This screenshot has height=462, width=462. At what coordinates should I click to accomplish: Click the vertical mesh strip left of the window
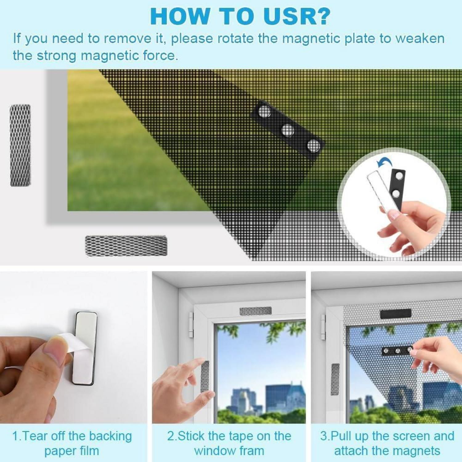pyautogui.click(x=20, y=145)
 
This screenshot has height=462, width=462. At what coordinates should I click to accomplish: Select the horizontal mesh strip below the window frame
pyautogui.click(x=126, y=245)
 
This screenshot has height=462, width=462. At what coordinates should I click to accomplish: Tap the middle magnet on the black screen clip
pyautogui.click(x=287, y=130)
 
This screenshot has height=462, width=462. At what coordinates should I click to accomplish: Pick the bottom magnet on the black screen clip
pyautogui.click(x=313, y=146)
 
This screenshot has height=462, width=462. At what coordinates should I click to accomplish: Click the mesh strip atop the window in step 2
pyautogui.click(x=256, y=311)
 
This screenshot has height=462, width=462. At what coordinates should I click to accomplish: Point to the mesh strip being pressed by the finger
pyautogui.click(x=205, y=376)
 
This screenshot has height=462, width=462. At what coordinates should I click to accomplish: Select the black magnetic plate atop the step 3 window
pyautogui.click(x=396, y=314)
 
